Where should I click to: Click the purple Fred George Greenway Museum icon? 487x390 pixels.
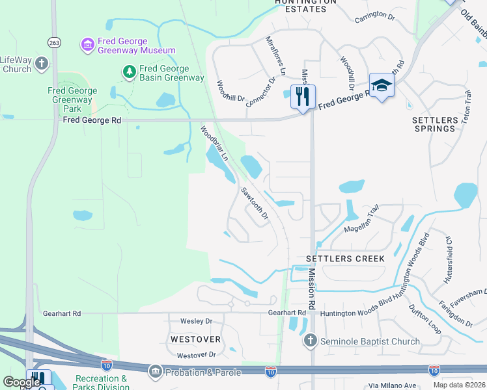point(87,44)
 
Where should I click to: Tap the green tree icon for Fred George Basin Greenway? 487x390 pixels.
point(130,71)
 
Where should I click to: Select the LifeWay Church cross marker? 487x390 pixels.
point(42,64)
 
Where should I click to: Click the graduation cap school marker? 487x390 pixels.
point(381,85)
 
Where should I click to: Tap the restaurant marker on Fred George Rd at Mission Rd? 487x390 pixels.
point(303,97)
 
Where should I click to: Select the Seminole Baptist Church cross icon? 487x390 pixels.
point(311,341)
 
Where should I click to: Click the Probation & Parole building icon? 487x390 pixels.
point(155,372)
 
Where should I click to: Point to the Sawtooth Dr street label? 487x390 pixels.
point(255,204)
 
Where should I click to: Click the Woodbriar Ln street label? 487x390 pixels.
point(214,144)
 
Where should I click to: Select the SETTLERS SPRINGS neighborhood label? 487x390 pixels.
point(434,124)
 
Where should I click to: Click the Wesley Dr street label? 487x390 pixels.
point(196,321)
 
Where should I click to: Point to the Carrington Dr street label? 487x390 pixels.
point(375,16)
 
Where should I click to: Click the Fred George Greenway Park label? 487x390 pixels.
point(73,100)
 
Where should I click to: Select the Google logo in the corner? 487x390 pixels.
point(21,383)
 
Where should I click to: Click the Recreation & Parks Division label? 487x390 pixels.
point(101,383)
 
